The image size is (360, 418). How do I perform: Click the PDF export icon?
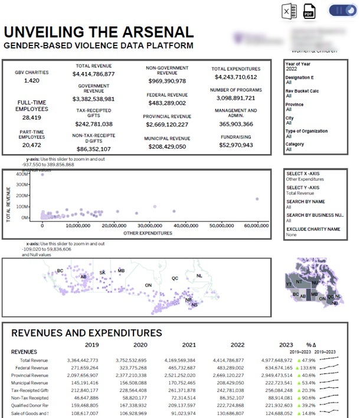coord(308,12)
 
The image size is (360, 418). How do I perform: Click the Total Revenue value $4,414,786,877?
coord(93,74)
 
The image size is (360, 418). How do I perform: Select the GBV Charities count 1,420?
coord(32,81)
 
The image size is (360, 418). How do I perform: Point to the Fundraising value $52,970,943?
coord(235,145)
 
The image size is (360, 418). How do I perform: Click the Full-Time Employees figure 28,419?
coord(32,117)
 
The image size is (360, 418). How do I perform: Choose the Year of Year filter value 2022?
coord(292,69)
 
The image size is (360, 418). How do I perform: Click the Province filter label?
coord(295,105)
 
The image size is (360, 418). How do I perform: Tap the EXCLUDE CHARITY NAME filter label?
coord(313,229)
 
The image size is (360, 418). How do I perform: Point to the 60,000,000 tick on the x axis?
coord(257,226)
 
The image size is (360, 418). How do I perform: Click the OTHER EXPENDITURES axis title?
coord(148,233)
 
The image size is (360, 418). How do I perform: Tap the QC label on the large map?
coord(175,277)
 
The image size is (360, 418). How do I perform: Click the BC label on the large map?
coord(60,271)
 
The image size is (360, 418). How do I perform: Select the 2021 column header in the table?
coord(188,345)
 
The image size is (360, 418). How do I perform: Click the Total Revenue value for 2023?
coord(277,360)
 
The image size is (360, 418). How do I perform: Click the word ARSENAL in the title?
coord(148,32)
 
